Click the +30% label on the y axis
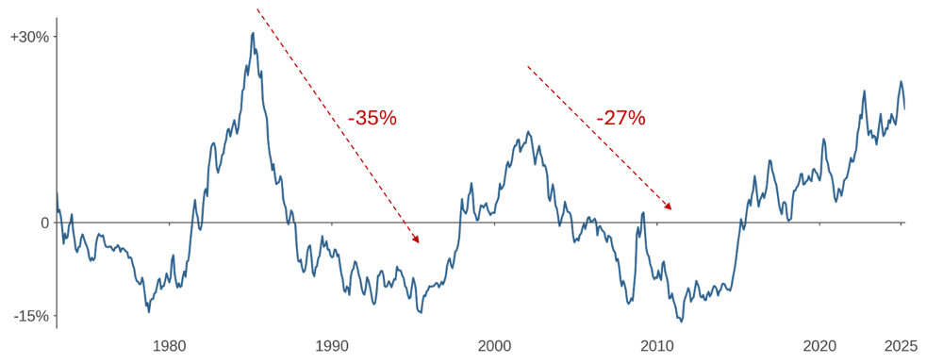(x=29, y=37)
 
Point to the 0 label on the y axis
(x=44, y=223)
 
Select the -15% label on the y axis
(x=31, y=317)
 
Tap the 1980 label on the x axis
(x=169, y=346)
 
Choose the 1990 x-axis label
(x=332, y=346)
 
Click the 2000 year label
(x=495, y=346)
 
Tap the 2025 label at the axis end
(x=901, y=346)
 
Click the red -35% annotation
(x=372, y=119)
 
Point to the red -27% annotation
(x=620, y=119)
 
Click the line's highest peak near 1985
(x=254, y=33)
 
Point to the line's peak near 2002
(x=528, y=132)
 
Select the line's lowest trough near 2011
(x=681, y=322)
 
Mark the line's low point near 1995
(x=420, y=312)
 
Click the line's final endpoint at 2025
(x=904, y=108)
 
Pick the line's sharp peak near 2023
(x=864, y=91)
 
